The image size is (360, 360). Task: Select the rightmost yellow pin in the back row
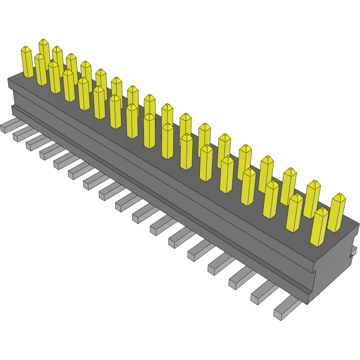point(338,213)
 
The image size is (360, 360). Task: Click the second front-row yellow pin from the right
point(294,213)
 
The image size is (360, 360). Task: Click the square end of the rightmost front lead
point(278,315)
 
